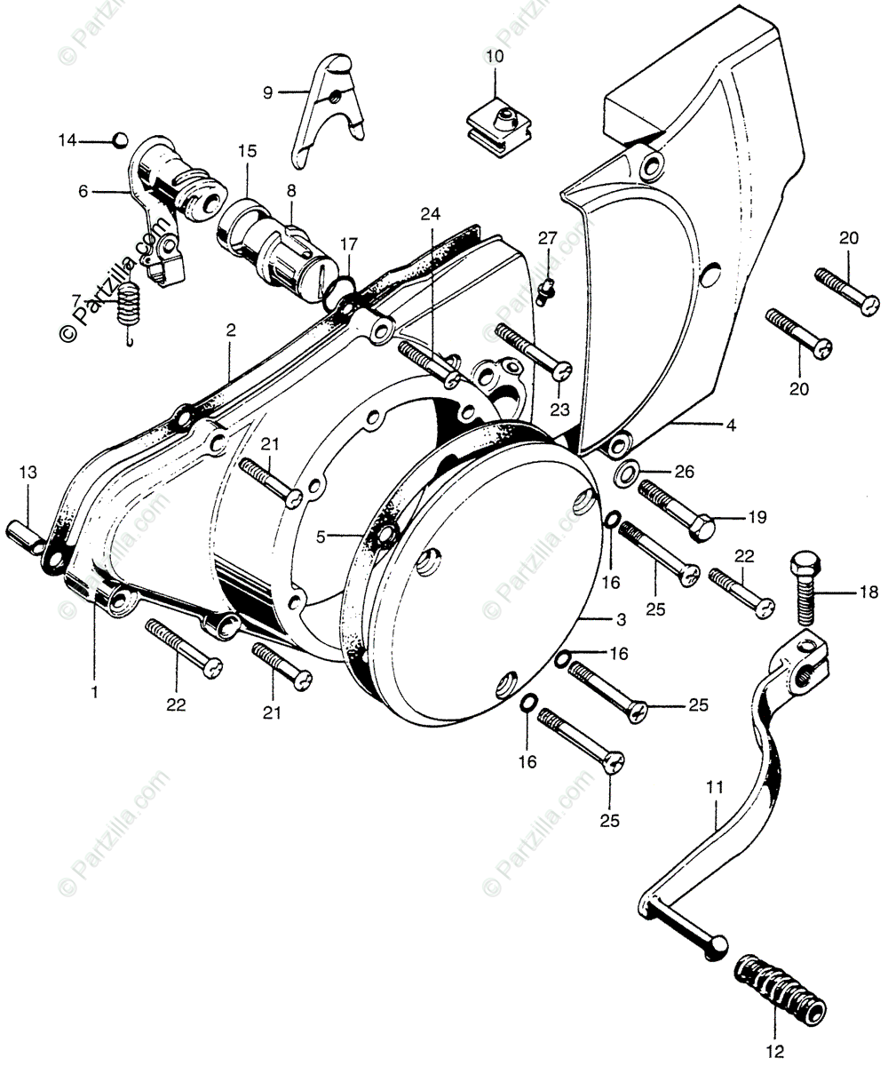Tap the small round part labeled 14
pyautogui.click(x=120, y=139)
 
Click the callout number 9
pyautogui.click(x=267, y=91)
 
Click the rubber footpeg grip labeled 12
pyautogui.click(x=781, y=987)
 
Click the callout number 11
pyautogui.click(x=716, y=786)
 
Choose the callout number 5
pyautogui.click(x=321, y=537)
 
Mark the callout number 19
pyautogui.click(x=756, y=516)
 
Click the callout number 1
pyautogui.click(x=94, y=689)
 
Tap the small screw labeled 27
pyautogui.click(x=548, y=286)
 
